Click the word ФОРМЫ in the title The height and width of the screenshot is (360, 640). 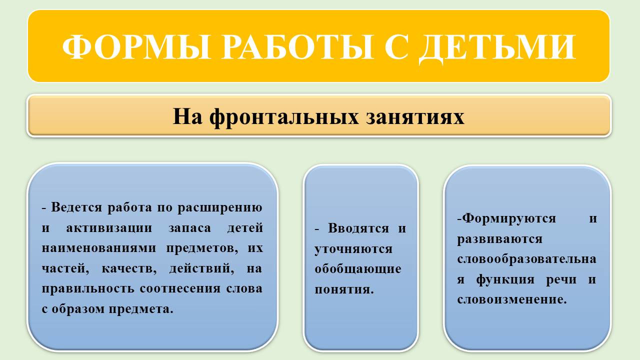[x=136, y=46]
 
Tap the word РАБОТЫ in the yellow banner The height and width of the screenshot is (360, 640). [x=297, y=46]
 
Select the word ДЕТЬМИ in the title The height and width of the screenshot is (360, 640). [x=497, y=49]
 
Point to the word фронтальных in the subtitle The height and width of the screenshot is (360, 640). [x=283, y=117]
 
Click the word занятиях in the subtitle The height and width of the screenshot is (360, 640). [x=415, y=117]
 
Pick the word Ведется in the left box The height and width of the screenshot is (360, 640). [x=76, y=207]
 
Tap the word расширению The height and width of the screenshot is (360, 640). [x=219, y=208]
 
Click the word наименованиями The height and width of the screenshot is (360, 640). [x=99, y=248]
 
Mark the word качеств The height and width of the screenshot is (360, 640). [x=129, y=269]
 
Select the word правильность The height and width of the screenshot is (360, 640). [x=88, y=289]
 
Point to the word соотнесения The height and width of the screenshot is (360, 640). [x=180, y=288]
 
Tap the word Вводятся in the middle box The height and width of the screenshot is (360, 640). [x=358, y=228]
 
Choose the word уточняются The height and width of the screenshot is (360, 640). [x=353, y=249]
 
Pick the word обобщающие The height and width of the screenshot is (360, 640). [x=358, y=269]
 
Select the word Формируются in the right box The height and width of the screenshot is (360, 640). [x=509, y=219]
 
